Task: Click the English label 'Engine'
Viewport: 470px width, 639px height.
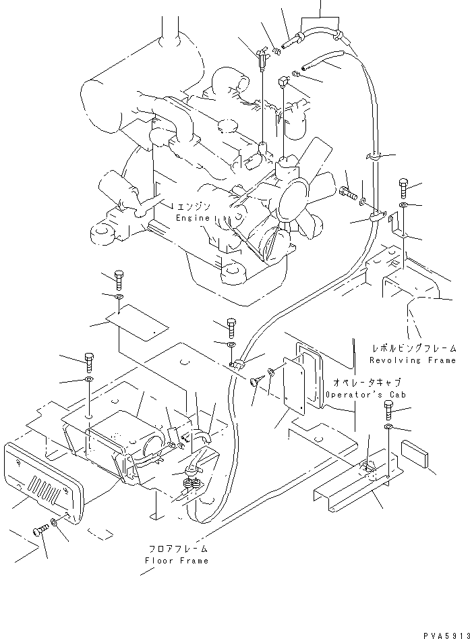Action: coord(193,219)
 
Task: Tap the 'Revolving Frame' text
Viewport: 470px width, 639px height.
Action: coord(414,360)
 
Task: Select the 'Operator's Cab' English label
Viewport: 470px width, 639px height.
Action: coord(356,393)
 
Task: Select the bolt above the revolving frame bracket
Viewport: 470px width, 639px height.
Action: coord(403,186)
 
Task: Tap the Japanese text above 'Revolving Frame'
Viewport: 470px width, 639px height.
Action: coord(414,349)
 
